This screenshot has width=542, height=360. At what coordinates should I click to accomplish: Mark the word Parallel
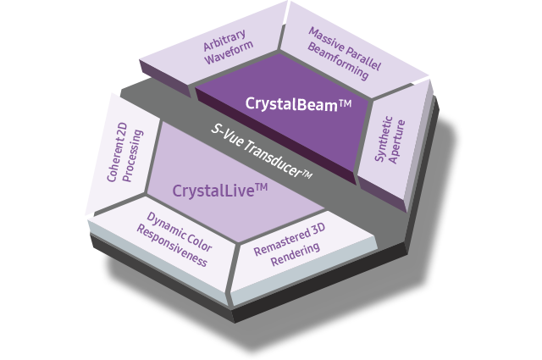[x=362, y=48]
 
